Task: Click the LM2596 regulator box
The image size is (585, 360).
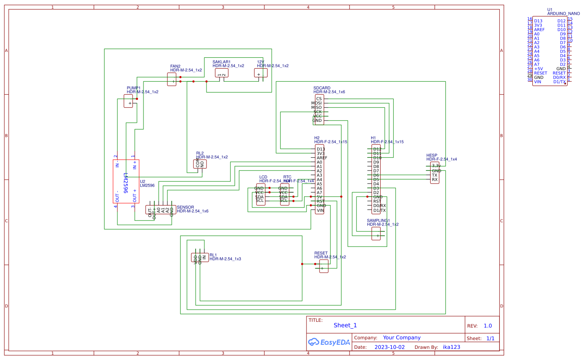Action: click(126, 182)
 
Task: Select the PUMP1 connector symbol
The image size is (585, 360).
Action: click(128, 101)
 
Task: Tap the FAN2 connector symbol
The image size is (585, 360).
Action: click(172, 79)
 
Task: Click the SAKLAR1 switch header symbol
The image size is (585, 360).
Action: click(221, 73)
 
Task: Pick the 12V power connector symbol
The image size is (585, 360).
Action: click(261, 73)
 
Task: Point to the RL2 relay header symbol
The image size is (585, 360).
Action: click(200, 164)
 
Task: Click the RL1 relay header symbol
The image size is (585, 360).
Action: click(200, 258)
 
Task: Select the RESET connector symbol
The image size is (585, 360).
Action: click(322, 266)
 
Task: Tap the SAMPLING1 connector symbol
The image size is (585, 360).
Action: click(376, 234)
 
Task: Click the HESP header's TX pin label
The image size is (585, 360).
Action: click(435, 175)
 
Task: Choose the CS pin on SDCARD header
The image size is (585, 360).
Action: click(319, 99)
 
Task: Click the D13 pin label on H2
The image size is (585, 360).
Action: click(320, 149)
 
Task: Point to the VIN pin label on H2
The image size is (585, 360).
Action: click(320, 210)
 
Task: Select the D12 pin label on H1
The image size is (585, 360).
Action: click(377, 149)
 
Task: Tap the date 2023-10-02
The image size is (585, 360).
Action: click(389, 347)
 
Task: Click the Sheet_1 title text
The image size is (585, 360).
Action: click(345, 325)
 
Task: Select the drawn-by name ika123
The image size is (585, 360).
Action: click(451, 347)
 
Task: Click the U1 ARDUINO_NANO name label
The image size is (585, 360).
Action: click(563, 13)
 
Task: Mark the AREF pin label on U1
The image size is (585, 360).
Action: click(539, 30)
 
